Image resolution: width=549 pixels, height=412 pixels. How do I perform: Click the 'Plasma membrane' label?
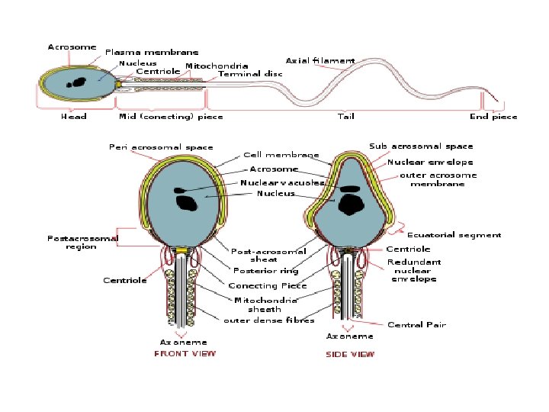pos(152,53)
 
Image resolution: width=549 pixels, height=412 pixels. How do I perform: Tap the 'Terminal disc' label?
pos(250,74)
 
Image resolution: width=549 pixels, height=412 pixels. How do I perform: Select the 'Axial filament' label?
pos(320,60)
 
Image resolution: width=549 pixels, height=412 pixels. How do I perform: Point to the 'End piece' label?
pos(493,117)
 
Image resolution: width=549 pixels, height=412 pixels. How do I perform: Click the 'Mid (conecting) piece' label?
pos(171,117)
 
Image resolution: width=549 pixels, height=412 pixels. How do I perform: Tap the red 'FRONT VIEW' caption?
pos(185,353)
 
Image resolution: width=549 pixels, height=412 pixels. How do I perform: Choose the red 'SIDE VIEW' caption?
pos(350,354)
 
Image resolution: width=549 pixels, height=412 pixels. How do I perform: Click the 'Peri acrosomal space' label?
pos(161,147)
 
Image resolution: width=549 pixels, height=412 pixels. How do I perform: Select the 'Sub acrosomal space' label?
pos(421,146)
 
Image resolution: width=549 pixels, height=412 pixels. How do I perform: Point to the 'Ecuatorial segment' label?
pos(454,235)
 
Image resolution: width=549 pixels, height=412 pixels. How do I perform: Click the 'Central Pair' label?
pos(416,325)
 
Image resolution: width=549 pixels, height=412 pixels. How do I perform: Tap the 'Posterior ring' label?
pos(266,271)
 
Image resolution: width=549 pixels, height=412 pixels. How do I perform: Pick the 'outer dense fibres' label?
pos(269,320)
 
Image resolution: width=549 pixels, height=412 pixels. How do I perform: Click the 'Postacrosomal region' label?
pos(82,243)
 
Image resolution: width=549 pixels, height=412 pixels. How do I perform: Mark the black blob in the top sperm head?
pos(77,82)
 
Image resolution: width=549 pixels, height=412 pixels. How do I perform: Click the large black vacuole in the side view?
pos(352,204)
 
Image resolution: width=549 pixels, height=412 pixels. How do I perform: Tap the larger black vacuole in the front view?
pos(187,203)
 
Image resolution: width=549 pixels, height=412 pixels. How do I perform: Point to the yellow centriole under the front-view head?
pos(181,249)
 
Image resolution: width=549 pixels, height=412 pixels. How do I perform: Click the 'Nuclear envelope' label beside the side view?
pos(430,163)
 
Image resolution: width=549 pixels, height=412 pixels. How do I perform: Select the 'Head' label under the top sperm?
pos(73,117)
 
